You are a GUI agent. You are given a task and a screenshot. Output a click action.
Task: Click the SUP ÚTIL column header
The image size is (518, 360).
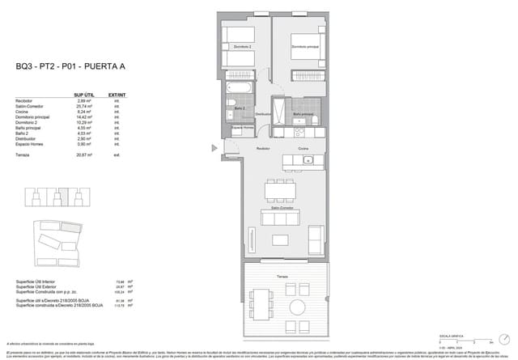(x=86, y=95)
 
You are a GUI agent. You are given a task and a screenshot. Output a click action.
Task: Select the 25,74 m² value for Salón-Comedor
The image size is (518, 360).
(x=85, y=107)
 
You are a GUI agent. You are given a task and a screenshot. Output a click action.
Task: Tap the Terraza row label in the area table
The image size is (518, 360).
(x=23, y=154)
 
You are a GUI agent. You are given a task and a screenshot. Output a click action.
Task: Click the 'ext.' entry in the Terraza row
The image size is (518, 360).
(x=117, y=154)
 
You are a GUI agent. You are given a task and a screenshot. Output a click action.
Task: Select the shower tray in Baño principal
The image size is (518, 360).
(x=279, y=106)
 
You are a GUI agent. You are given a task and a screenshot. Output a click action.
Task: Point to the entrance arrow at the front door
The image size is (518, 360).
(x=214, y=147)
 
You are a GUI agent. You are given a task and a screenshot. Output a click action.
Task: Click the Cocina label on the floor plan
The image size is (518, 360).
(x=303, y=150)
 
